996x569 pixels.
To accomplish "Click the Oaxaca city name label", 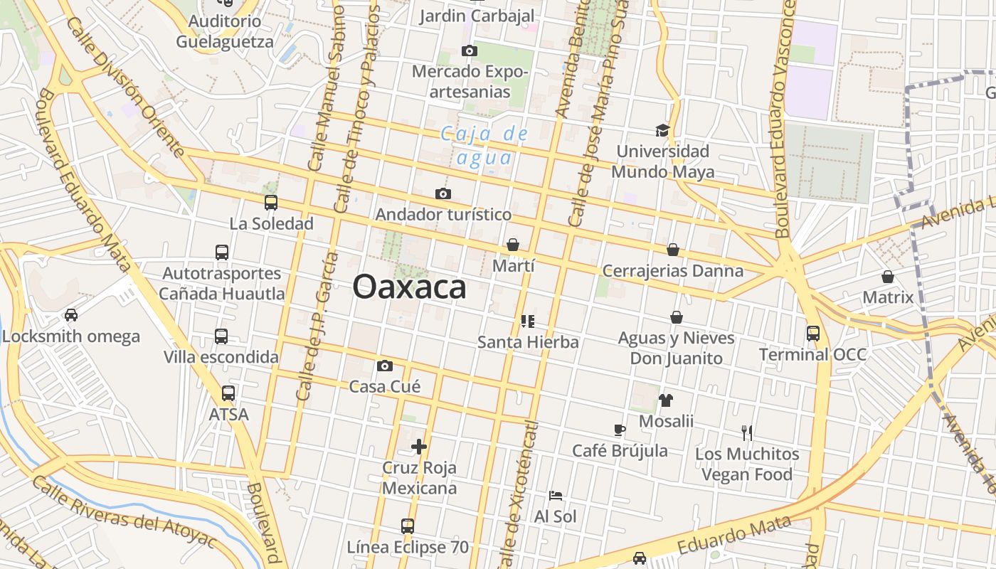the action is (409, 287).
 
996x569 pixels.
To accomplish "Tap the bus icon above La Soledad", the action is (270, 203).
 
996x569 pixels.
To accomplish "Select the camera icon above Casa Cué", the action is (385, 366).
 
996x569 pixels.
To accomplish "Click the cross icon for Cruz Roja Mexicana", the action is (419, 447).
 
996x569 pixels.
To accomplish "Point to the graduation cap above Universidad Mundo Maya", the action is (662, 130).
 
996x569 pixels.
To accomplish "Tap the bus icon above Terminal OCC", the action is (812, 333).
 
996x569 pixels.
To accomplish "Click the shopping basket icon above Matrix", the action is (887, 276).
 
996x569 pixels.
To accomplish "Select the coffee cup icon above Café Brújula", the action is (620, 430).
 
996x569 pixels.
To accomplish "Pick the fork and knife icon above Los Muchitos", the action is (746, 432).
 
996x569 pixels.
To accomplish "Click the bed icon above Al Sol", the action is (556, 496).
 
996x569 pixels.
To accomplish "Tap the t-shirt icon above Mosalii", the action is (665, 400).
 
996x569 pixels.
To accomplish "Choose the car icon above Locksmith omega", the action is (70, 314).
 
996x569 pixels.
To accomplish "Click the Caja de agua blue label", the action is (484, 145).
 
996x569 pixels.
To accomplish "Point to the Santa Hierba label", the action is (528, 342).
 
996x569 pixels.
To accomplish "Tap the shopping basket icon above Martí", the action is (512, 245).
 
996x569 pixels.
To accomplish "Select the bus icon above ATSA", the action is (228, 393).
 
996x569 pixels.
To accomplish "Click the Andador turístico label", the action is (443, 214).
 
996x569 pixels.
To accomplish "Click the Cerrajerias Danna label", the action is (672, 271).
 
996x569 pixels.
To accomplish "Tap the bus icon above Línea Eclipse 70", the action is (407, 526).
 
